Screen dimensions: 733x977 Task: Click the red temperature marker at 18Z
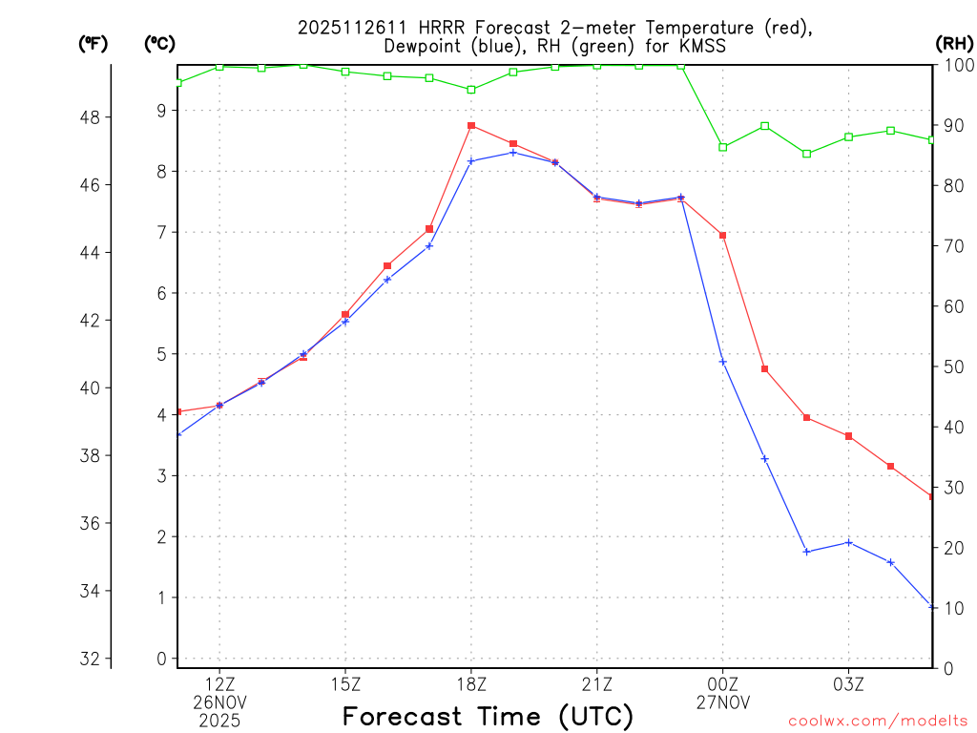(x=471, y=125)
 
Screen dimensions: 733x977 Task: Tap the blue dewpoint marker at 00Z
(x=722, y=362)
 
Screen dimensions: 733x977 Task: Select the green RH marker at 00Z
(x=722, y=147)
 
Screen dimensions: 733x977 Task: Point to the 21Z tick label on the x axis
(x=597, y=683)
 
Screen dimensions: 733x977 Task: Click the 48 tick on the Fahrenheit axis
(x=94, y=117)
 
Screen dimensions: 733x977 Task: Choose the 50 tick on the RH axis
(x=951, y=366)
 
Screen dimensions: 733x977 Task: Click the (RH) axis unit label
(x=953, y=43)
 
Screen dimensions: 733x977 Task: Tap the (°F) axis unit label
(x=94, y=43)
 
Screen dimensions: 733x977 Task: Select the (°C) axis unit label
(x=159, y=43)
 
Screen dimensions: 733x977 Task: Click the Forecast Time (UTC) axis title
(x=488, y=716)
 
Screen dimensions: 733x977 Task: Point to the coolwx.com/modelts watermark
(x=878, y=721)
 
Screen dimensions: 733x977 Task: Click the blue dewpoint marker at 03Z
(x=848, y=542)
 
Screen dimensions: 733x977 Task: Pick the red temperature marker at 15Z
(x=345, y=314)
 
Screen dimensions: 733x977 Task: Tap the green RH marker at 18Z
(x=471, y=90)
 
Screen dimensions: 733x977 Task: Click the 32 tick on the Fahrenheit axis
(x=94, y=659)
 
